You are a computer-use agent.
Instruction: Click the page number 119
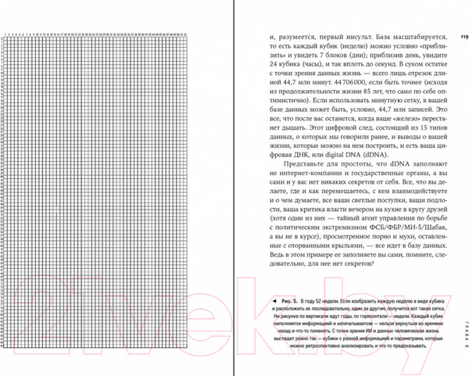(463, 36)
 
